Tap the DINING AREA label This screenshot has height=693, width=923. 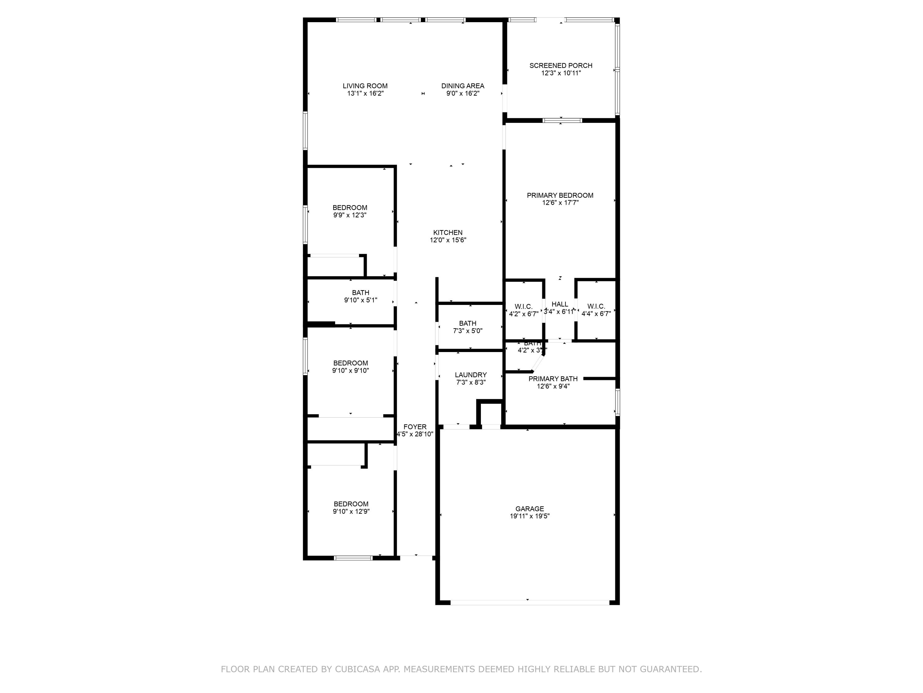click(x=462, y=86)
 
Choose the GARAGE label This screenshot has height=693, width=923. click(x=529, y=509)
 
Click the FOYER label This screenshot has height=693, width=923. click(x=415, y=427)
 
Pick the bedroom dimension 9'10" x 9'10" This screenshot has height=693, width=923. click(x=350, y=371)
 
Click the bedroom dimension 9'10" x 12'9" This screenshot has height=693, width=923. click(x=351, y=511)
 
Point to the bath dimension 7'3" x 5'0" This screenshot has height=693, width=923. click(x=467, y=331)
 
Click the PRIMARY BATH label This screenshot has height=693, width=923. click(x=553, y=379)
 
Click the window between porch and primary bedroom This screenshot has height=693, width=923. click(x=561, y=121)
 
